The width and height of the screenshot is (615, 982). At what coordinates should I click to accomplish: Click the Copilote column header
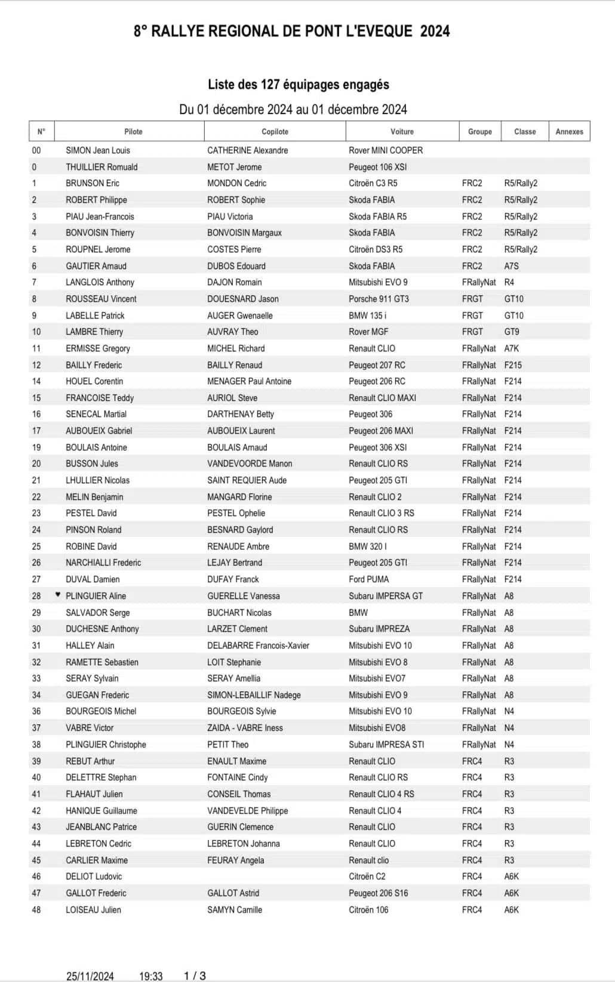pos(275,132)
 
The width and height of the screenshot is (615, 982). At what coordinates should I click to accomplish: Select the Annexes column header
pos(569,132)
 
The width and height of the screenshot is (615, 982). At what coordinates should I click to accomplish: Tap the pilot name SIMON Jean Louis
pos(98,150)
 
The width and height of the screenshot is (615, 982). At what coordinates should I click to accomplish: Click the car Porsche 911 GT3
pos(379,299)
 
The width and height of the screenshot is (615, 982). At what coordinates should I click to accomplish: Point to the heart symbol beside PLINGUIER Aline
pos(58,594)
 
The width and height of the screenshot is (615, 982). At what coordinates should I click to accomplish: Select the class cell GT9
pos(512,332)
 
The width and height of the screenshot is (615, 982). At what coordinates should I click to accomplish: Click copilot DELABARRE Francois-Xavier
pos(258,646)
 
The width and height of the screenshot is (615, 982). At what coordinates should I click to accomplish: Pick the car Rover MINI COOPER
pos(385,150)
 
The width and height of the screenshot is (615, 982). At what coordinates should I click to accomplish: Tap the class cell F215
pos(513,365)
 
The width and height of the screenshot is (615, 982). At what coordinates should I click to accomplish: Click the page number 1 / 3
pos(195,976)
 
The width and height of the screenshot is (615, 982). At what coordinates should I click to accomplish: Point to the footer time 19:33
pos(151,976)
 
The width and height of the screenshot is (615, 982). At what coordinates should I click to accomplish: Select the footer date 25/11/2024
pos(90,976)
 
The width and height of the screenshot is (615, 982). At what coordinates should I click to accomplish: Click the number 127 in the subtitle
pos(270,85)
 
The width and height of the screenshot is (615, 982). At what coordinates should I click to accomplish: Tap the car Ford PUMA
pos(368,579)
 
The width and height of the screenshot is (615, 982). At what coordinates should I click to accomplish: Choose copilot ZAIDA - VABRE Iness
pos(245,728)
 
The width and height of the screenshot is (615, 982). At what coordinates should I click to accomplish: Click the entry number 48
pos(36,910)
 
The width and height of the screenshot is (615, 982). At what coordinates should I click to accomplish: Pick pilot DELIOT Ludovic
pos(94,876)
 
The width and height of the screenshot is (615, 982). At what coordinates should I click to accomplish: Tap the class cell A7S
pos(512,266)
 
